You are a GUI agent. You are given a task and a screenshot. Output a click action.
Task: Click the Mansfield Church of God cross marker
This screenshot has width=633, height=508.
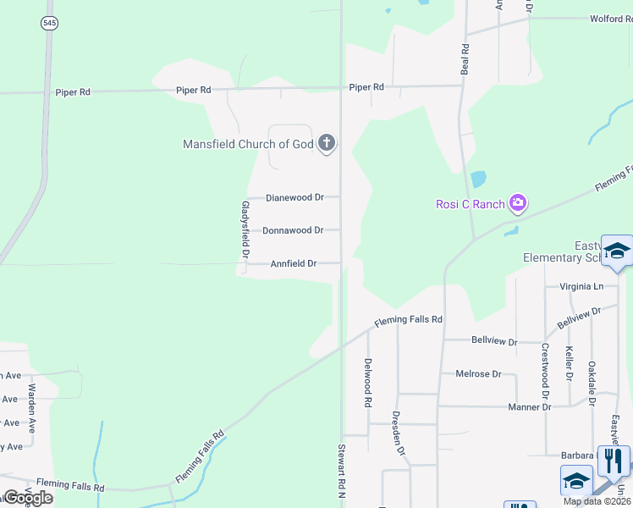pyautogui.click(x=327, y=144)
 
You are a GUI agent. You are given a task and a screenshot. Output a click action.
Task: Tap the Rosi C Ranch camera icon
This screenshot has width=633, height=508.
pyautogui.click(x=518, y=203)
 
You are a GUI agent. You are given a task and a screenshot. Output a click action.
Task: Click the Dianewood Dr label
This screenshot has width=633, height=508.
pyautogui.click(x=294, y=197)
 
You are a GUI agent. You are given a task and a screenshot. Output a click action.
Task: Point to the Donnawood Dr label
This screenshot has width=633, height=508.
pyautogui.click(x=293, y=230)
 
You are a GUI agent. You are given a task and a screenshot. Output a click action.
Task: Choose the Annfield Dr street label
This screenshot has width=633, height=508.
pyautogui.click(x=294, y=263)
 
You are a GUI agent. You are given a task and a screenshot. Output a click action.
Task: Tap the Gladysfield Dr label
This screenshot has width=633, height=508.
pyautogui.click(x=245, y=229)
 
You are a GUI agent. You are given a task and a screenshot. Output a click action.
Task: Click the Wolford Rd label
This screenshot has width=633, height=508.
pyautogui.click(x=611, y=19)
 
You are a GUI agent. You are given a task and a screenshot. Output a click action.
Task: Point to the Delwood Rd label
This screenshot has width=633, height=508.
pyautogui.click(x=368, y=383)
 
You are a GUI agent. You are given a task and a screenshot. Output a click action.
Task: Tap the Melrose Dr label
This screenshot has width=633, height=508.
pyautogui.click(x=478, y=373)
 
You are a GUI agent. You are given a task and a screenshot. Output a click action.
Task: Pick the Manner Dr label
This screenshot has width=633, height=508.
pyautogui.click(x=529, y=407)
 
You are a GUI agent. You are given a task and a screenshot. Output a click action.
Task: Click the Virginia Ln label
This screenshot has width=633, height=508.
pyautogui.click(x=581, y=286)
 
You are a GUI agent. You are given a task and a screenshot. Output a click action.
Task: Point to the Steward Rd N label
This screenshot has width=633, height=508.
pyautogui.click(x=342, y=470)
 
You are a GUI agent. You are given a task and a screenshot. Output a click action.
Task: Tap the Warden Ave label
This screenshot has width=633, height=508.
pyautogui.click(x=32, y=409)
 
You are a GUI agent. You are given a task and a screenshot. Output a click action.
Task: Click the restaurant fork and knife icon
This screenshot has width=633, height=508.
pyautogui.click(x=614, y=461)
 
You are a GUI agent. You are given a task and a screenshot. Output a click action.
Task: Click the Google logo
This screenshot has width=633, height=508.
pyautogui.click(x=27, y=498)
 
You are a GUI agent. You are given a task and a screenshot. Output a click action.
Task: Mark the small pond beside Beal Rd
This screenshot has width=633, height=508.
pyautogui.click(x=478, y=179)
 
